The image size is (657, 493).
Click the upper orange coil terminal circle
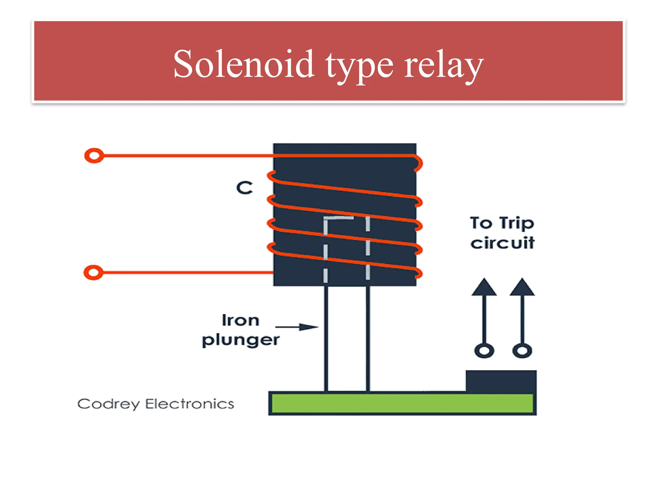(x=94, y=156)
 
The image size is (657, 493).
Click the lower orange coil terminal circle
(x=93, y=272)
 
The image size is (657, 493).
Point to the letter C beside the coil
(x=244, y=188)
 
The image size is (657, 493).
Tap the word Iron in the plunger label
(x=241, y=320)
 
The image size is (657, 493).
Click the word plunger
(x=241, y=340)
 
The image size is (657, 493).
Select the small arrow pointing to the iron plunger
(x=297, y=327)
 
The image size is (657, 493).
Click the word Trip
(x=516, y=223)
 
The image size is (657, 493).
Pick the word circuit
(x=502, y=243)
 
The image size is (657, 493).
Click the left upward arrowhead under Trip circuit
(x=484, y=287)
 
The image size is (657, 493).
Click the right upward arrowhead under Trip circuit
(x=522, y=287)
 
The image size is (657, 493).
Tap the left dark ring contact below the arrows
(x=484, y=350)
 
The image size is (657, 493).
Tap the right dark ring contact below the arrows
(x=522, y=350)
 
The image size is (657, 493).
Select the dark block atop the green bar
(x=501, y=381)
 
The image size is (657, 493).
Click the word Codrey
(x=108, y=404)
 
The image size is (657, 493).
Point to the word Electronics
(x=190, y=404)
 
